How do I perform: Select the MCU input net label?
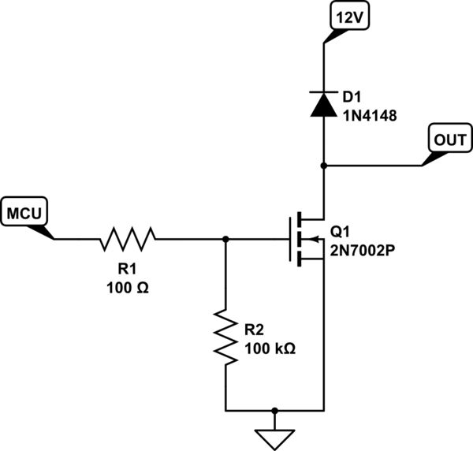click(26, 212)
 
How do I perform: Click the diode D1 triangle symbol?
click(323, 105)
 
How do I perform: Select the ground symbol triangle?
click(274, 437)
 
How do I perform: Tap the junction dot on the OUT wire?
click(323, 166)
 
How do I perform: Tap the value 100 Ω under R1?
click(127, 287)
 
